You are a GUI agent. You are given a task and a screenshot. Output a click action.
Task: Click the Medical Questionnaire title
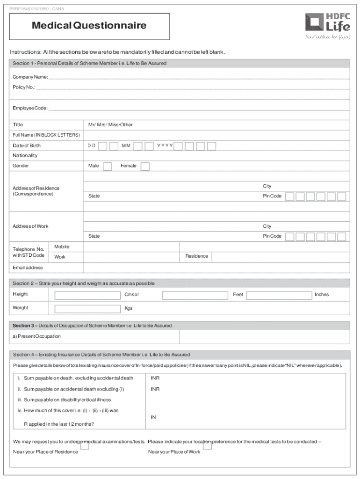pos(89,26)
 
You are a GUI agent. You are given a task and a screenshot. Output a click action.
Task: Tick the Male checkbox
pos(107,167)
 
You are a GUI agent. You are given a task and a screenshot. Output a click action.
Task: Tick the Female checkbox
pos(145,167)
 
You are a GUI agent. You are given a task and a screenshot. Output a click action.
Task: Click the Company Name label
pos(30,77)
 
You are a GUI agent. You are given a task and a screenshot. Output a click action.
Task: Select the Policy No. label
pos(24,87)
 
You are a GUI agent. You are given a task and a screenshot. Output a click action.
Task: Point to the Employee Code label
pos(30,108)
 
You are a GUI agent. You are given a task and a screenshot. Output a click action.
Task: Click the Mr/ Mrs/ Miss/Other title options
pos(110,125)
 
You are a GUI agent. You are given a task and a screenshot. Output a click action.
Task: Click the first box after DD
pos(102,146)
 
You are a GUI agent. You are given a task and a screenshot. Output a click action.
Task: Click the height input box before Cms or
pos(87,295)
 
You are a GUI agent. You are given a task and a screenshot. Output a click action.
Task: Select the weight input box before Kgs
pos(87,309)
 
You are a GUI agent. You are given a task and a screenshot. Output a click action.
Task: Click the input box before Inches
pos(279,295)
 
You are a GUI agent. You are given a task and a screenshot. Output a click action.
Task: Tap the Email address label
pos(28,268)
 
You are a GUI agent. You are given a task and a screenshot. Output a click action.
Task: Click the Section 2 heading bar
pos(180,283)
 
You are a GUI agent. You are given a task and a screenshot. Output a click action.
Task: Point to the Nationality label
pos(25,155)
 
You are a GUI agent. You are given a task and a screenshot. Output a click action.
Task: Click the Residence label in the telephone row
pos(196,256)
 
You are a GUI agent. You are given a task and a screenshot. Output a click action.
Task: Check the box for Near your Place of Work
pos(207,446)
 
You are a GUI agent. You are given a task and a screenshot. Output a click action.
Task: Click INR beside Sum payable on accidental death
pos(155,389)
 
